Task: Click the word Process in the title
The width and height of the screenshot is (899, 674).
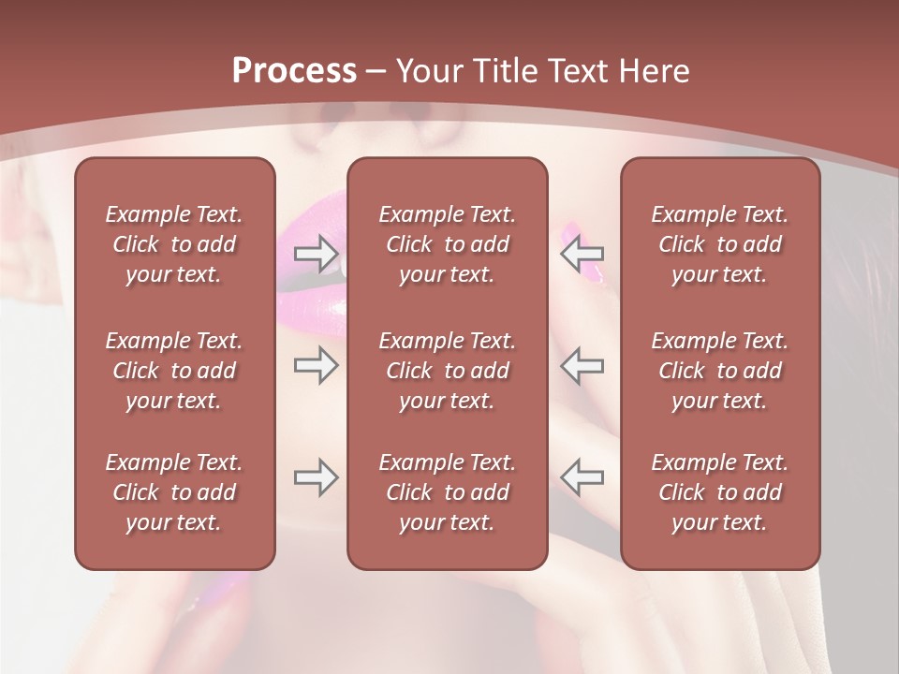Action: [x=294, y=71]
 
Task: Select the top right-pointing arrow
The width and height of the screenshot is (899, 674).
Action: [x=316, y=253]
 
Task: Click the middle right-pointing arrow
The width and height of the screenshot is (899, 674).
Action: [x=316, y=365]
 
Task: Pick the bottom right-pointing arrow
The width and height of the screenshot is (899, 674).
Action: [x=316, y=477]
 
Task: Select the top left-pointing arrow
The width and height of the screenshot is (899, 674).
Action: [x=582, y=253]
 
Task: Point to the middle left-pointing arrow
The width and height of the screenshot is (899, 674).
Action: [x=582, y=365]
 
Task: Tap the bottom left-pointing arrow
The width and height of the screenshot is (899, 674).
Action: [x=582, y=477]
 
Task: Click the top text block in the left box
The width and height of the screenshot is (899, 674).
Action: [x=174, y=244]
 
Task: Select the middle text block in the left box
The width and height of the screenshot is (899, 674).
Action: [x=174, y=371]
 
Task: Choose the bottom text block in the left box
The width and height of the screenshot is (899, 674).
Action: [x=174, y=492]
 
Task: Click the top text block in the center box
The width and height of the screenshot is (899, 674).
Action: [x=448, y=244]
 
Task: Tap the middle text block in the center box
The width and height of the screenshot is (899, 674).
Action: [x=448, y=371]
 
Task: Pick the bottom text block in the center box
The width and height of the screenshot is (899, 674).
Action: [x=448, y=492]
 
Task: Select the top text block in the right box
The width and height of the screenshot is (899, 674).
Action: [x=720, y=244]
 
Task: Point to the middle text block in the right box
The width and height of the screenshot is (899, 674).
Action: [x=720, y=371]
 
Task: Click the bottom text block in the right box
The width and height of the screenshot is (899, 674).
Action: [x=720, y=492]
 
